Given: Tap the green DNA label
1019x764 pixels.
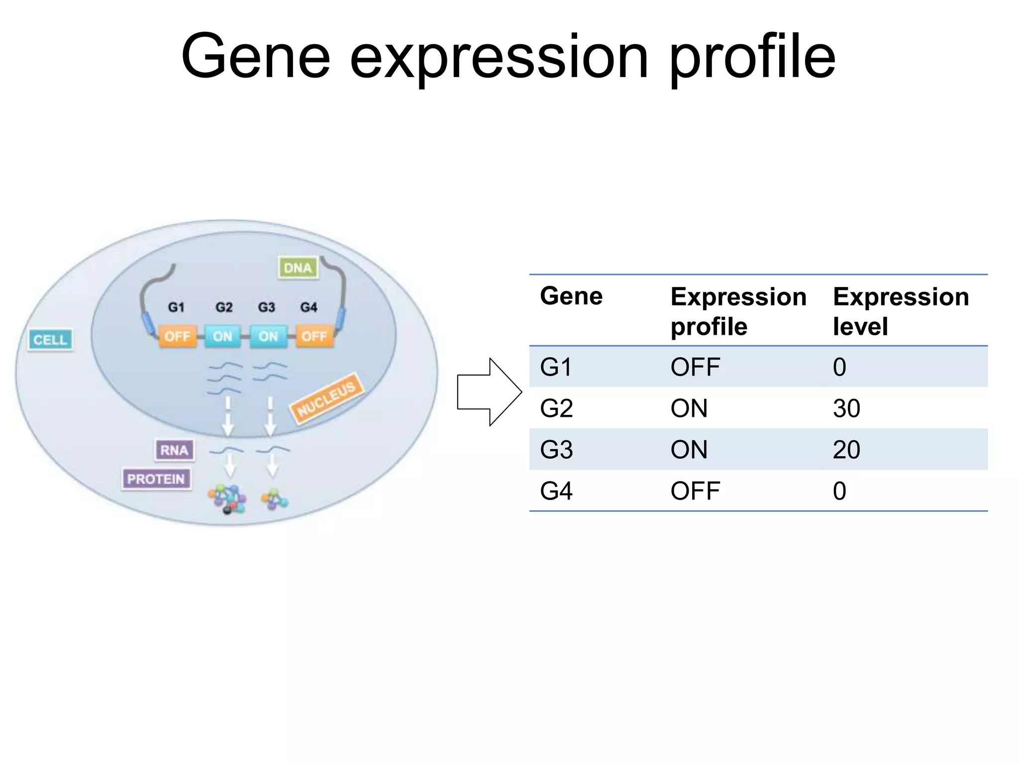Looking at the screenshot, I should [x=298, y=268].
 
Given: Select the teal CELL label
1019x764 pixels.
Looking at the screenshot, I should [x=50, y=340].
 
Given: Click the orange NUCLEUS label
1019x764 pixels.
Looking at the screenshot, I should [x=327, y=398].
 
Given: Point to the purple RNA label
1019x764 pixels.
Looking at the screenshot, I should [x=174, y=450].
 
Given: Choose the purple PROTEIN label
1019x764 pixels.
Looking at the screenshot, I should [x=156, y=479].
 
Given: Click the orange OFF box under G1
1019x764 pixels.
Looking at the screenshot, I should [x=177, y=337].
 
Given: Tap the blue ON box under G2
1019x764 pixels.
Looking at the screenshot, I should [x=222, y=337].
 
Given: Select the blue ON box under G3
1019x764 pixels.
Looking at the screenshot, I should [x=268, y=337].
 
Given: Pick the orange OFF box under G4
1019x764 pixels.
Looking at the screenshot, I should [x=314, y=337].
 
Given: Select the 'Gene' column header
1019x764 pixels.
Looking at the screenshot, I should [x=571, y=296].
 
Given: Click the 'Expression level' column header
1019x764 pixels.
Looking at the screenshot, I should [x=901, y=311].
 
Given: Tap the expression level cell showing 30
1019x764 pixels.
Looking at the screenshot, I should [x=846, y=408].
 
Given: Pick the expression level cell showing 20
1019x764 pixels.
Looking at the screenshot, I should [x=846, y=450].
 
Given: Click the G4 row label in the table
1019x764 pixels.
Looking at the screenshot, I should [x=556, y=491].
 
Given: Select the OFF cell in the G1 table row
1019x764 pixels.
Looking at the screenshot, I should [x=695, y=367].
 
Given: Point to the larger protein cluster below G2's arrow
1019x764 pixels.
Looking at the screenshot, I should [x=227, y=499].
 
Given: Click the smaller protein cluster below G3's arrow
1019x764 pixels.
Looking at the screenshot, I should [x=274, y=499].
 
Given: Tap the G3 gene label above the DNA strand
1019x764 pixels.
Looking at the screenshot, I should [x=267, y=307].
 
